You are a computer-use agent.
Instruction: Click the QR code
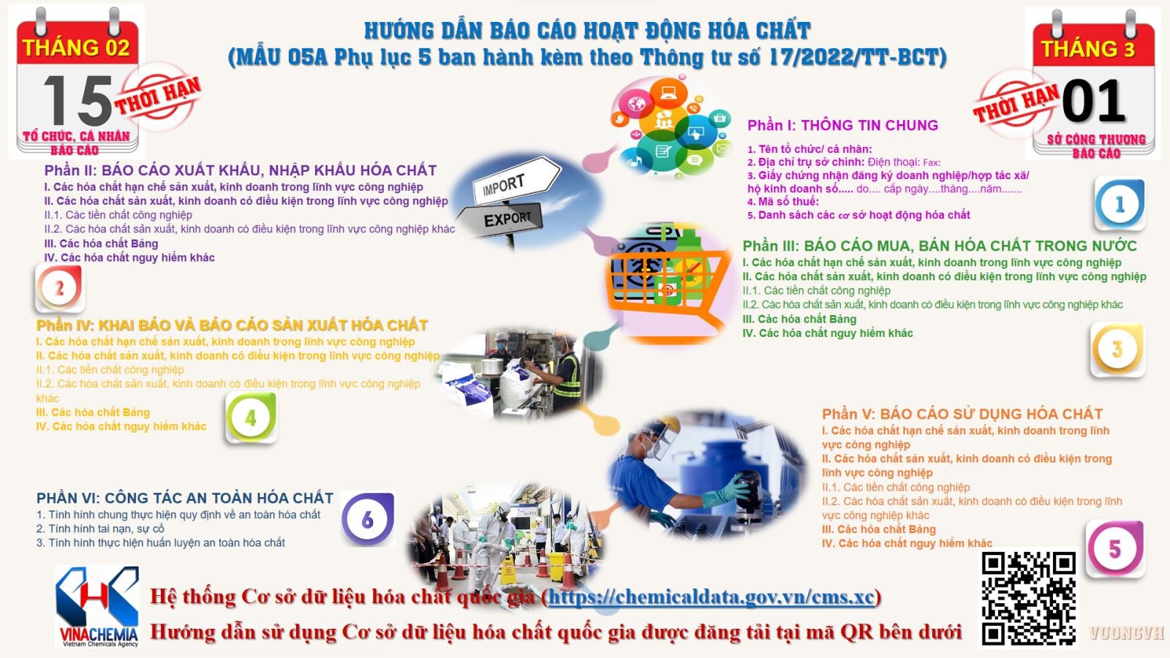pyautogui.click(x=1028, y=599)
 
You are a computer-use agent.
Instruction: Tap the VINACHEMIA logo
pyautogui.click(x=98, y=607)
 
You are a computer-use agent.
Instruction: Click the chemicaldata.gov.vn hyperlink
pyautogui.click(x=711, y=597)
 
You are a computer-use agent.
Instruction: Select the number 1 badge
pyautogui.click(x=1120, y=204)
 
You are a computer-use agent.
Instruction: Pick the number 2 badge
pyautogui.click(x=59, y=288)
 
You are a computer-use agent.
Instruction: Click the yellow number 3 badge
pyautogui.click(x=1117, y=349)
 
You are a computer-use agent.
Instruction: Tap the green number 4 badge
pyautogui.click(x=251, y=417)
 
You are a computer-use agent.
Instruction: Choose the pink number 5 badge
pyautogui.click(x=1114, y=549)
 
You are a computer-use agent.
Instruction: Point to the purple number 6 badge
pyautogui.click(x=368, y=519)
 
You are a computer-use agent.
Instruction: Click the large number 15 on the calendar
pyautogui.click(x=78, y=101)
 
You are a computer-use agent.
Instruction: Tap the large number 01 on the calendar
pyautogui.click(x=1092, y=101)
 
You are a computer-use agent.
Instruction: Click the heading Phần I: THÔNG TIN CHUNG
pyautogui.click(x=842, y=125)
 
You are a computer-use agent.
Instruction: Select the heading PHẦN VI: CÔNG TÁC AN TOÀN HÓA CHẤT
pyautogui.click(x=185, y=498)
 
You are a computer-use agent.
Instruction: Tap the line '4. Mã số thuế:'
pyautogui.click(x=783, y=202)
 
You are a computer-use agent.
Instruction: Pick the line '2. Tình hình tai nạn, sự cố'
pyautogui.click(x=100, y=529)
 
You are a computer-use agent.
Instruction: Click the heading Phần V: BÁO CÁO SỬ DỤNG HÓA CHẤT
pyautogui.click(x=962, y=414)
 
